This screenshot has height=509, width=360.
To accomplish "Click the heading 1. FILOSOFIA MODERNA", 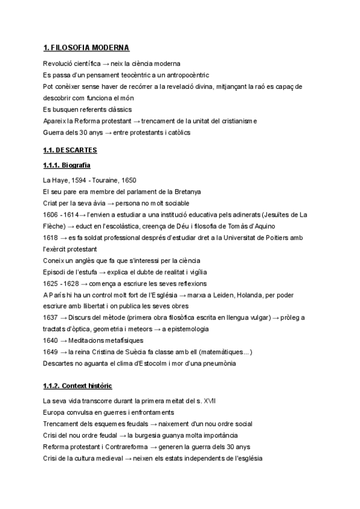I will click(x=86, y=47).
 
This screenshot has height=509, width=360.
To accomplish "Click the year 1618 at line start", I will click(x=51, y=238).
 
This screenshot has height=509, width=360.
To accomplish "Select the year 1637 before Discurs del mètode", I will click(x=51, y=318).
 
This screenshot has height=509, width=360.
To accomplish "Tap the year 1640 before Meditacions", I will click(x=51, y=340).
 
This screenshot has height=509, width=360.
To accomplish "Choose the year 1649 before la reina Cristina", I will click(x=51, y=352).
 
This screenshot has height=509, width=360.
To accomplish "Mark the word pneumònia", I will click(x=217, y=363).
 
